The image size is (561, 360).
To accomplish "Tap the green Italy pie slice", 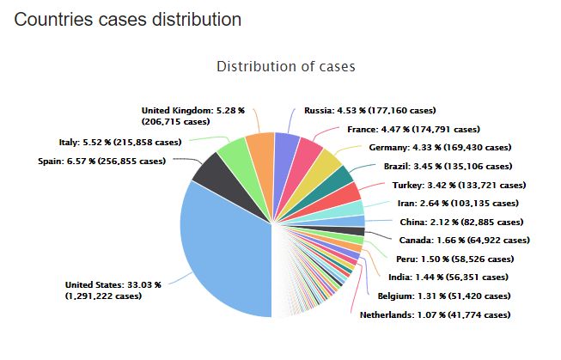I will [x=234, y=155].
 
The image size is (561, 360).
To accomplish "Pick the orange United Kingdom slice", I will [x=259, y=148].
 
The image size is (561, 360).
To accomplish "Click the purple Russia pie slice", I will [x=286, y=149].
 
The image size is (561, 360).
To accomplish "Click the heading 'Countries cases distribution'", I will [x=128, y=18].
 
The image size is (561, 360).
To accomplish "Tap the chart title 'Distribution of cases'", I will [x=285, y=66].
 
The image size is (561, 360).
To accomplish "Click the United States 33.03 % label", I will [x=113, y=290].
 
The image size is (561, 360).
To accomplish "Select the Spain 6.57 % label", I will [x=101, y=161].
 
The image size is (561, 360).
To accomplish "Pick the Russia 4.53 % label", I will [x=370, y=110].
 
